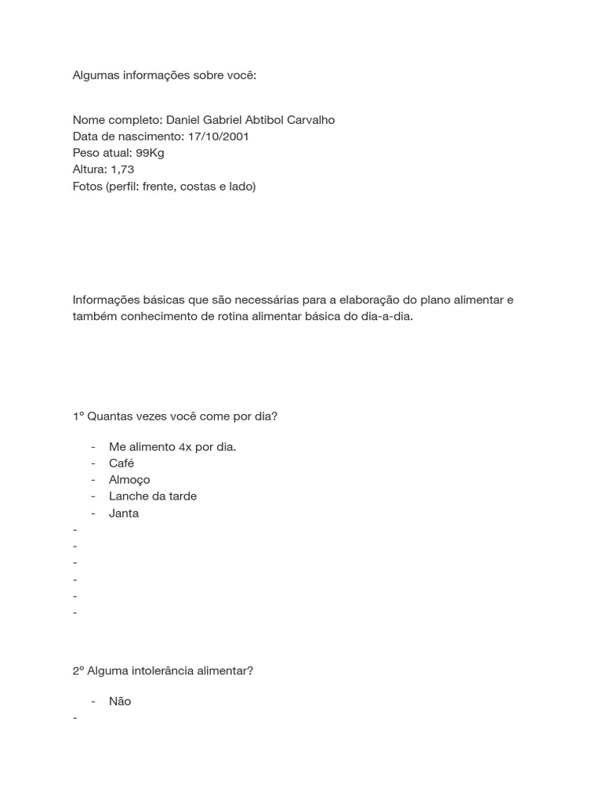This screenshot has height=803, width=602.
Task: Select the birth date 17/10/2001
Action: (219, 136)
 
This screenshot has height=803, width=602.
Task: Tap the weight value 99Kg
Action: (150, 153)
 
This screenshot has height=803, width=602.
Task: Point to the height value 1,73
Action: (122, 169)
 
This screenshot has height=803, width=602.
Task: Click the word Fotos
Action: (88, 187)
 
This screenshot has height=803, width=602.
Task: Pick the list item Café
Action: (121, 463)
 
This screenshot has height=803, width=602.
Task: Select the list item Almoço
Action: (129, 479)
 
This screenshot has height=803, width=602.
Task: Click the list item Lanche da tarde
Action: (153, 496)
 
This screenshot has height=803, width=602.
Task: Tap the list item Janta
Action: (124, 513)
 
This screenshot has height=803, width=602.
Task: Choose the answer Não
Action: (120, 701)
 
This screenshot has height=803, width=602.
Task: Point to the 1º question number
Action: (78, 416)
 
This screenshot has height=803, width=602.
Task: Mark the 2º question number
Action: (78, 671)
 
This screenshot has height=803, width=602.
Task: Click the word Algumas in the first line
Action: (96, 75)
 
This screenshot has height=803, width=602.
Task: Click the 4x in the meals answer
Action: (185, 446)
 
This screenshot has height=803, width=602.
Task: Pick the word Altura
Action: (89, 169)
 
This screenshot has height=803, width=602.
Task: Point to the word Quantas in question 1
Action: (109, 416)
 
